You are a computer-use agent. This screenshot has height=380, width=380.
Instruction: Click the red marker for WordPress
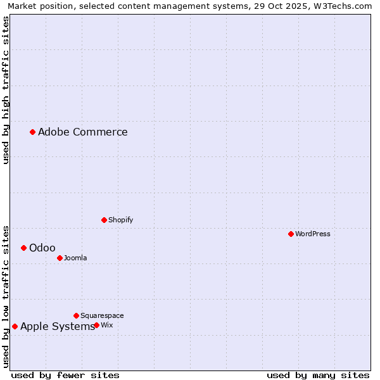tap(291, 234)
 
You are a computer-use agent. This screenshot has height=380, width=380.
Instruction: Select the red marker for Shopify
tap(104, 220)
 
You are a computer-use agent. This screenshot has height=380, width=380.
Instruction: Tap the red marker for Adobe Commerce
tap(32, 132)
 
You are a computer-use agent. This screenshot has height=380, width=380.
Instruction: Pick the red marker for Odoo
tap(23, 248)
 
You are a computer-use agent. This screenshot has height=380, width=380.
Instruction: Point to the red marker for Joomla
tap(60, 258)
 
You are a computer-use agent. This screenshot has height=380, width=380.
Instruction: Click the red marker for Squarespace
tap(76, 315)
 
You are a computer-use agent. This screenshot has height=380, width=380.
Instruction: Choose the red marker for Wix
tap(96, 325)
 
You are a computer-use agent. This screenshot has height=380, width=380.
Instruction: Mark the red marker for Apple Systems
tap(15, 326)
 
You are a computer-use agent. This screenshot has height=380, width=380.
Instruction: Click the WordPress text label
tap(313, 234)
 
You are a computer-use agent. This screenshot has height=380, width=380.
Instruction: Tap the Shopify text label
tap(120, 220)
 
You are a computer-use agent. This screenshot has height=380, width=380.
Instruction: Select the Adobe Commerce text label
tap(83, 132)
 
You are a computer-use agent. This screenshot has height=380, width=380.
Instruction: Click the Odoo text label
tap(42, 248)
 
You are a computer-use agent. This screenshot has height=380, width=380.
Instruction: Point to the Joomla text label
tap(75, 258)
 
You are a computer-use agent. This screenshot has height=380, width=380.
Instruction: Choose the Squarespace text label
tap(102, 315)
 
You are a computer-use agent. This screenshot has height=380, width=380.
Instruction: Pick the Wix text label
tap(107, 325)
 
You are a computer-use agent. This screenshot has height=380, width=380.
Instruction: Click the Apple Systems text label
tap(57, 326)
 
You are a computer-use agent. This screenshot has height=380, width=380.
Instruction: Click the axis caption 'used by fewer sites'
tap(65, 375)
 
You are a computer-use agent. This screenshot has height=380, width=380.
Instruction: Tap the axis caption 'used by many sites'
tap(318, 375)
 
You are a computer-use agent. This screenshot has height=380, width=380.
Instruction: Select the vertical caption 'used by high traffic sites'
tap(6, 90)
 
